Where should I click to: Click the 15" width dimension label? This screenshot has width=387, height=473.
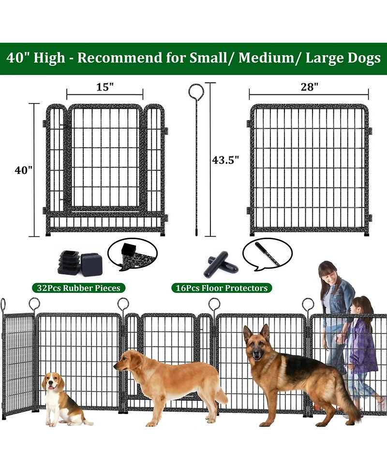point(104,87)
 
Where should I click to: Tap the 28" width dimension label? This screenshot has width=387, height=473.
point(309,87)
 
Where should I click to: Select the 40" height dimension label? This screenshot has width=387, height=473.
point(23,170)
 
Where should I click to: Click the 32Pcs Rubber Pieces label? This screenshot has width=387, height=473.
point(78,288)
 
